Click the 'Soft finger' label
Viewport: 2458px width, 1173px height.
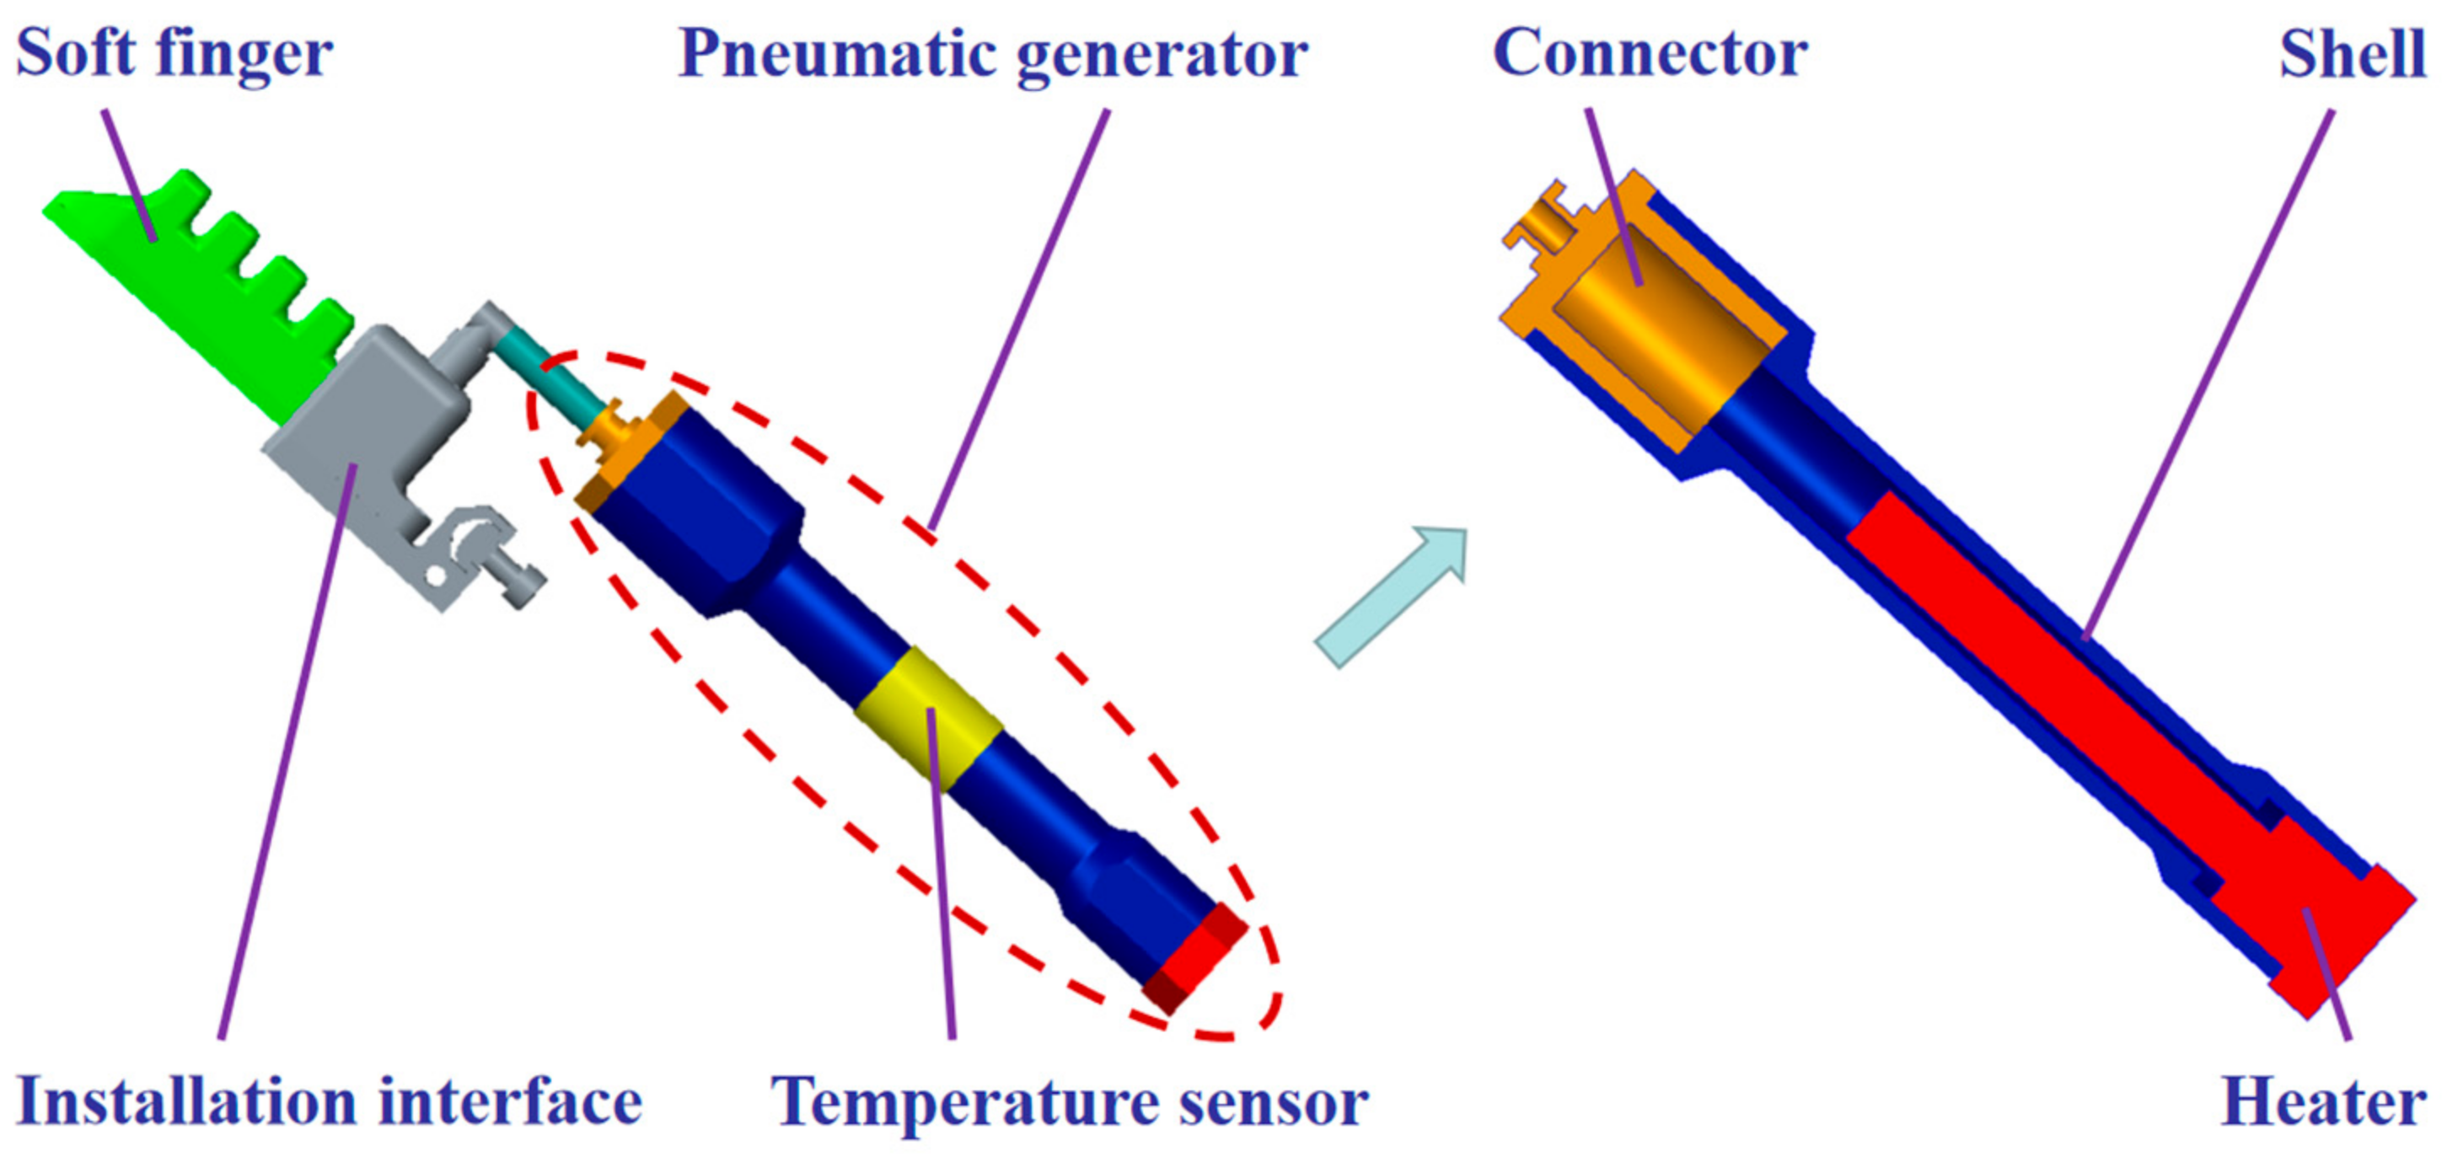click(174, 55)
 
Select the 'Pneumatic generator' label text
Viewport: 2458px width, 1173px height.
click(992, 55)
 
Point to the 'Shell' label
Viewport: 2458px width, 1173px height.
click(2352, 55)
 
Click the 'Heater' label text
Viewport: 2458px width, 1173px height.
click(2323, 1102)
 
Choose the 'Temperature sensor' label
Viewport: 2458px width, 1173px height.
click(1070, 1102)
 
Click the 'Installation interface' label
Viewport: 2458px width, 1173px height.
click(330, 1102)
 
